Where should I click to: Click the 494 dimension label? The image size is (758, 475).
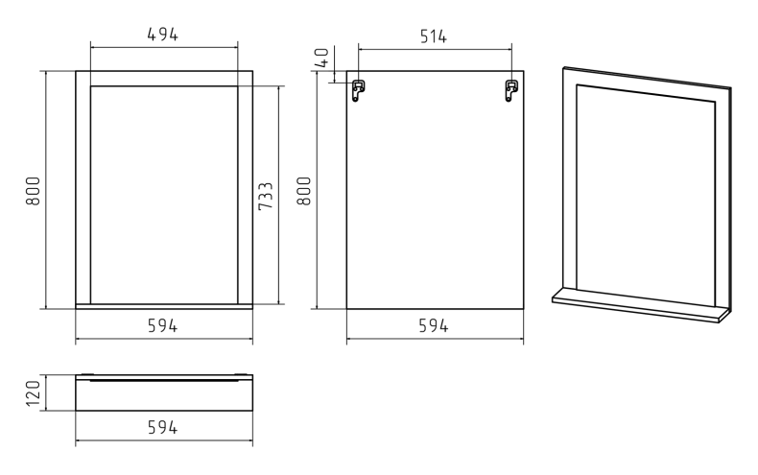pos(162,35)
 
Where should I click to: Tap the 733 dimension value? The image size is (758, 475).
pos(266,196)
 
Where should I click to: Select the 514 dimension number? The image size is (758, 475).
pos(433,36)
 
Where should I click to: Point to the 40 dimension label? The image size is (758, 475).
pos(323,58)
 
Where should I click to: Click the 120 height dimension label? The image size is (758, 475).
pos(33,393)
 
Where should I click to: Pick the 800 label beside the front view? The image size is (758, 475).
pos(33,191)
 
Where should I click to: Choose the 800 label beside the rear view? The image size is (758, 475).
pos(304,191)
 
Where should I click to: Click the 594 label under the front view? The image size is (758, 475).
pos(162,325)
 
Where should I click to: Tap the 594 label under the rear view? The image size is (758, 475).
pos(433,325)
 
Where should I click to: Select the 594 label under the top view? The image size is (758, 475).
pos(162,427)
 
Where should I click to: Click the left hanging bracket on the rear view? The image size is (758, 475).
pos(358,90)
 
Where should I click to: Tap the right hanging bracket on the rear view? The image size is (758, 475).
pos(511,90)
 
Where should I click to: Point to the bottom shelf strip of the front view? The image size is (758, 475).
pos(164,306)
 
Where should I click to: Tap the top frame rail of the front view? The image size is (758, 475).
pos(164,79)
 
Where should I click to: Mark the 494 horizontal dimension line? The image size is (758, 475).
pos(164,47)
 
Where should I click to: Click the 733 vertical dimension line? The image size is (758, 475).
pos(279,196)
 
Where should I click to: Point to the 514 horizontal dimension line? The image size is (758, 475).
pos(435,49)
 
